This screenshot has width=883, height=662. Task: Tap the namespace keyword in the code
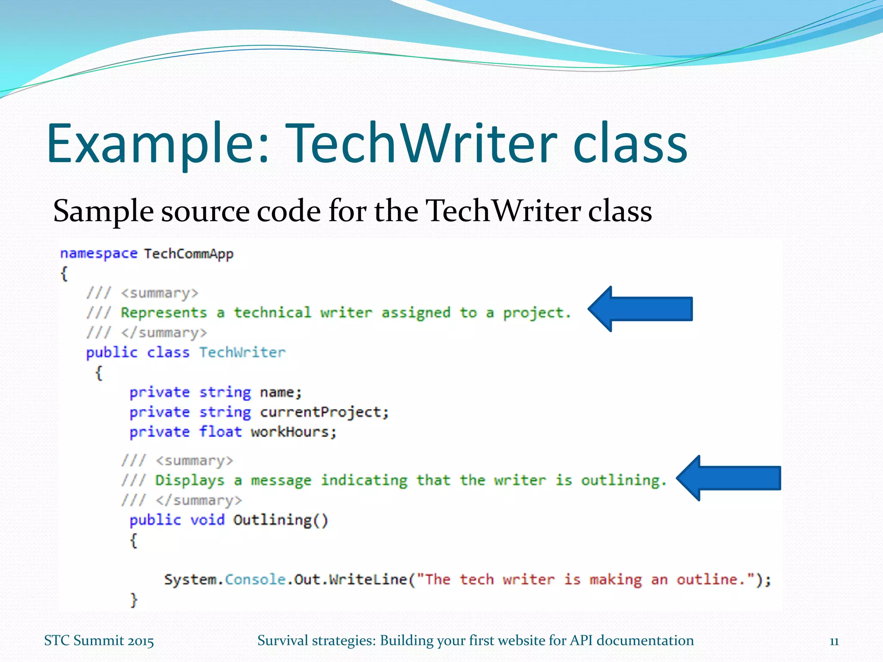99,253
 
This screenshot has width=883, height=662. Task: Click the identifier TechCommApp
188,254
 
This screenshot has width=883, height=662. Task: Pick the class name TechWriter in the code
242,353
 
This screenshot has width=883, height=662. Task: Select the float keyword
220,432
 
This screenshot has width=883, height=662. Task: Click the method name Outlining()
280,520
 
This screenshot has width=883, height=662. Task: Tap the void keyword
207,520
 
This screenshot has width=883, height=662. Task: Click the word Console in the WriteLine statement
255,580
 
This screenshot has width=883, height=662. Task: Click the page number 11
834,641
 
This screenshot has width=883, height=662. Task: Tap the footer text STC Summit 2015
99,641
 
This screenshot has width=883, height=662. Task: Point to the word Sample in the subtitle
103,212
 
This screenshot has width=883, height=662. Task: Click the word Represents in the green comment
164,313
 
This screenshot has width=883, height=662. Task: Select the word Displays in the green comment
190,481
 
